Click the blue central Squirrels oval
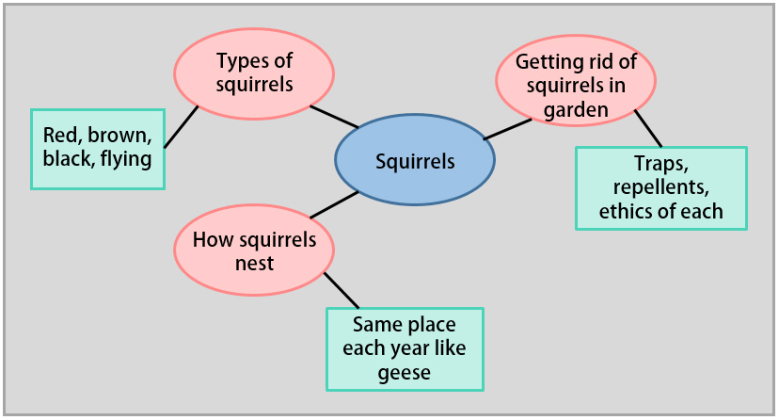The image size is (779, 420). (x=415, y=160)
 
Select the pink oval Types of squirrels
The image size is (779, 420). (x=254, y=73)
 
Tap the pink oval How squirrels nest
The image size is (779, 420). (x=254, y=250)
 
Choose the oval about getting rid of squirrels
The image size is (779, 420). (x=575, y=86)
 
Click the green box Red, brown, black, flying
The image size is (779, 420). (x=98, y=148)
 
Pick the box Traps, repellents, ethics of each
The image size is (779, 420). (x=660, y=187)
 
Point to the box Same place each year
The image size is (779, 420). (x=405, y=348)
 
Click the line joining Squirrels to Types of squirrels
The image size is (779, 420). (x=334, y=117)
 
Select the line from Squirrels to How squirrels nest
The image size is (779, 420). (x=333, y=204)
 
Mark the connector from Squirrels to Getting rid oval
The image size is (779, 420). (x=507, y=129)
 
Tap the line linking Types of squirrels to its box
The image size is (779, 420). (x=182, y=125)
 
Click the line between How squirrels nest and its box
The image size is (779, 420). (x=342, y=291)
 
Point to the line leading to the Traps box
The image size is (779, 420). (x=648, y=128)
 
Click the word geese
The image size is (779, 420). (x=405, y=373)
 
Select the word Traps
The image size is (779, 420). (x=660, y=165)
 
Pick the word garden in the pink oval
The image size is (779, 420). (x=575, y=109)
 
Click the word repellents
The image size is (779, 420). (x=660, y=187)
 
